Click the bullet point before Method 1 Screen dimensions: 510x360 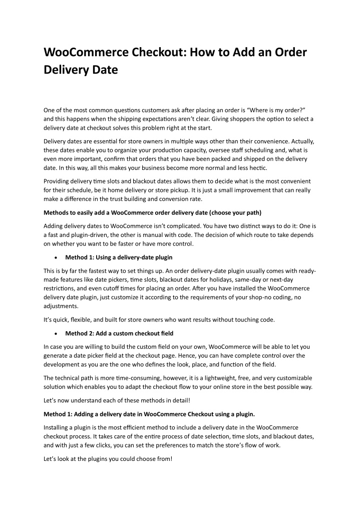click(x=60, y=258)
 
